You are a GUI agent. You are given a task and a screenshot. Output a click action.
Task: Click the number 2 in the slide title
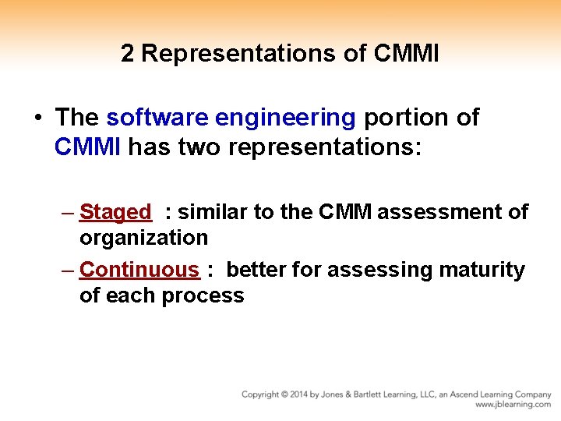coord(129,53)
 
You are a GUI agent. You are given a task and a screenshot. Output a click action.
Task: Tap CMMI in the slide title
coord(406,53)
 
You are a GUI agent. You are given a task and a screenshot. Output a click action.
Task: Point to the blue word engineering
coord(285,118)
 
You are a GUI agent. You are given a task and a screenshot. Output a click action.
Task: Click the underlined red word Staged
coord(115,212)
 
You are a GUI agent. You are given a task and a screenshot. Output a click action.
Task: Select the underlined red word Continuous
coord(139,270)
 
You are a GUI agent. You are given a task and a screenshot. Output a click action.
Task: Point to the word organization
coord(143,238)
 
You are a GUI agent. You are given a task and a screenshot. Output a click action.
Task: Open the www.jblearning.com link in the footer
coord(513,405)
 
